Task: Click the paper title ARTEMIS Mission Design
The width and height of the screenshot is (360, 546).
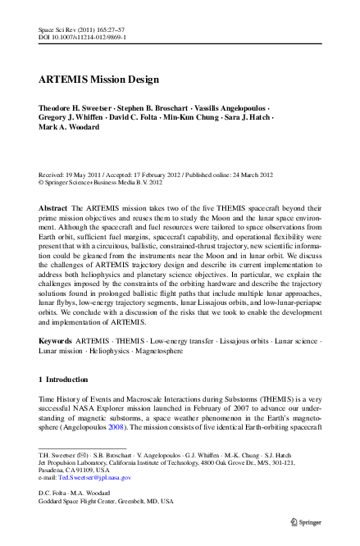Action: [98, 80]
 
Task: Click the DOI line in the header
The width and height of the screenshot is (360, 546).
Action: [82, 37]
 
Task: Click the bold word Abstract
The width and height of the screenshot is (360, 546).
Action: [53, 209]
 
